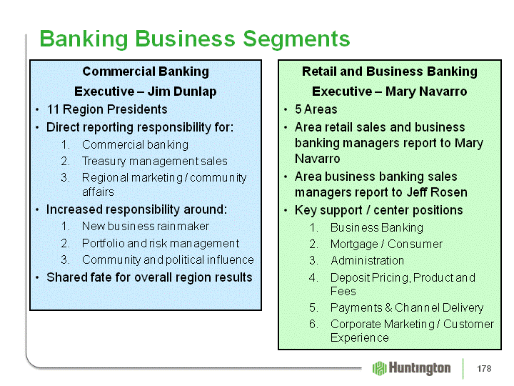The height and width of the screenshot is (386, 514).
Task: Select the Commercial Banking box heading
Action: click(x=146, y=71)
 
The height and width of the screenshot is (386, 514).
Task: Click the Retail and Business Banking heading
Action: click(x=390, y=71)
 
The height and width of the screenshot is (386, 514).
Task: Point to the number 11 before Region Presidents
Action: click(x=53, y=109)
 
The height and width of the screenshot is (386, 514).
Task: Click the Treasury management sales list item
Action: click(x=155, y=161)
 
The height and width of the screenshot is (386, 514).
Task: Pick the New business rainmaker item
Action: click(x=146, y=226)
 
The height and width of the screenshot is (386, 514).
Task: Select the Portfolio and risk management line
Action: click(x=161, y=243)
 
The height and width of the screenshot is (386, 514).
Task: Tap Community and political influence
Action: click(x=168, y=259)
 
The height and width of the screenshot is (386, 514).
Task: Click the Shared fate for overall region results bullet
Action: click(x=149, y=277)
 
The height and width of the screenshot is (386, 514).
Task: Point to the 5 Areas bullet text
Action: click(x=316, y=109)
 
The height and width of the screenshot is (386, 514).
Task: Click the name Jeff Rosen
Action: click(x=437, y=192)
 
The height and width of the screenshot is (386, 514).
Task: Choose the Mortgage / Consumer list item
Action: click(x=386, y=244)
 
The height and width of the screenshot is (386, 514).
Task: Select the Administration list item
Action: click(x=367, y=260)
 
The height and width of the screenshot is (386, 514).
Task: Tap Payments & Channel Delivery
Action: click(x=407, y=307)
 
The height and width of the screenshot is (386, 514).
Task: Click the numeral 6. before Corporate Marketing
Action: click(x=313, y=324)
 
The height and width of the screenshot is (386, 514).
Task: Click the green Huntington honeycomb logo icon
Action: click(x=379, y=368)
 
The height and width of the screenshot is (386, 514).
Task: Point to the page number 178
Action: click(x=484, y=369)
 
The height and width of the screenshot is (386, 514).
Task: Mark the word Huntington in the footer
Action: click(x=420, y=368)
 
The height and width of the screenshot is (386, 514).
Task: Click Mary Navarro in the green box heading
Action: click(x=426, y=91)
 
